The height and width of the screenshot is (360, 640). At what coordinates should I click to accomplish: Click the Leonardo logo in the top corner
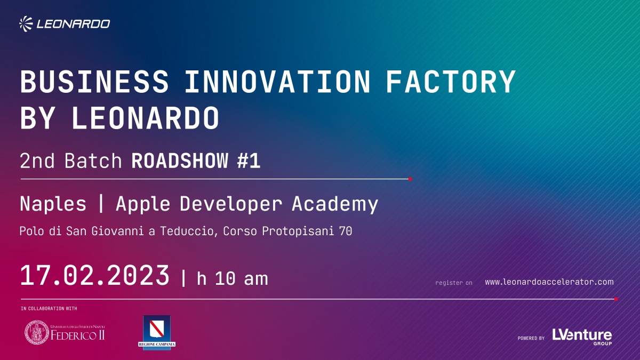pos(65,23)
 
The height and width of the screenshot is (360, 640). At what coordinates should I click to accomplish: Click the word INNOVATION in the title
pos(278,82)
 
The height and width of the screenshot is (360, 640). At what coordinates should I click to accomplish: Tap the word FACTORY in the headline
pos(451,82)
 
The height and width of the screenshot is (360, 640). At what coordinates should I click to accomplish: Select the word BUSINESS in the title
pos(94,82)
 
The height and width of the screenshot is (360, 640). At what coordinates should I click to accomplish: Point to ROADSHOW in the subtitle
pos(180,161)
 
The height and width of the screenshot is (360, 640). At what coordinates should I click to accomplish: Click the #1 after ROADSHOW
pos(249,161)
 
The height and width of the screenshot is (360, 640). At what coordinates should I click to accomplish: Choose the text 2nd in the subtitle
pos(37,161)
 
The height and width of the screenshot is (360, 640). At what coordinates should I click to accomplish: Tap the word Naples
pos(53,204)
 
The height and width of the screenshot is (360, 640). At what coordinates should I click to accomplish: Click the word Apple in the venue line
pos(143,204)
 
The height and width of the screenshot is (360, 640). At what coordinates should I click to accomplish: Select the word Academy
pos(335,204)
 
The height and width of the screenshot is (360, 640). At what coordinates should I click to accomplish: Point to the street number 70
pos(346,231)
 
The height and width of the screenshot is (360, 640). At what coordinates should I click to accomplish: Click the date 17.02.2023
pos(95,275)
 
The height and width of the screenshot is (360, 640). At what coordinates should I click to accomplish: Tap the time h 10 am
pos(233,278)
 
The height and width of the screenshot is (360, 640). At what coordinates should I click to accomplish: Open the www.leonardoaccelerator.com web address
pos(549,282)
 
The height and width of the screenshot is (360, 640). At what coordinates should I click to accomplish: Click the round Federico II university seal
pos(37,332)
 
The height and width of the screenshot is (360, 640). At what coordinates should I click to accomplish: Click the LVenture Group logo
pos(582,337)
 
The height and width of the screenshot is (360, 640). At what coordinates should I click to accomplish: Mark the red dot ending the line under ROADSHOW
pos(410,179)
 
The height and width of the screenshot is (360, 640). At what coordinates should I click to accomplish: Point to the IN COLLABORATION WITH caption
pos(49,309)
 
